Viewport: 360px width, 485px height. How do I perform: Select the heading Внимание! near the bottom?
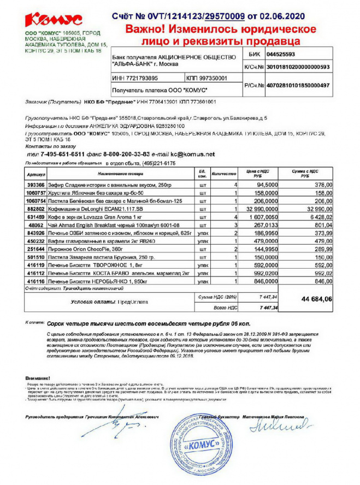(x=38, y=378)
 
